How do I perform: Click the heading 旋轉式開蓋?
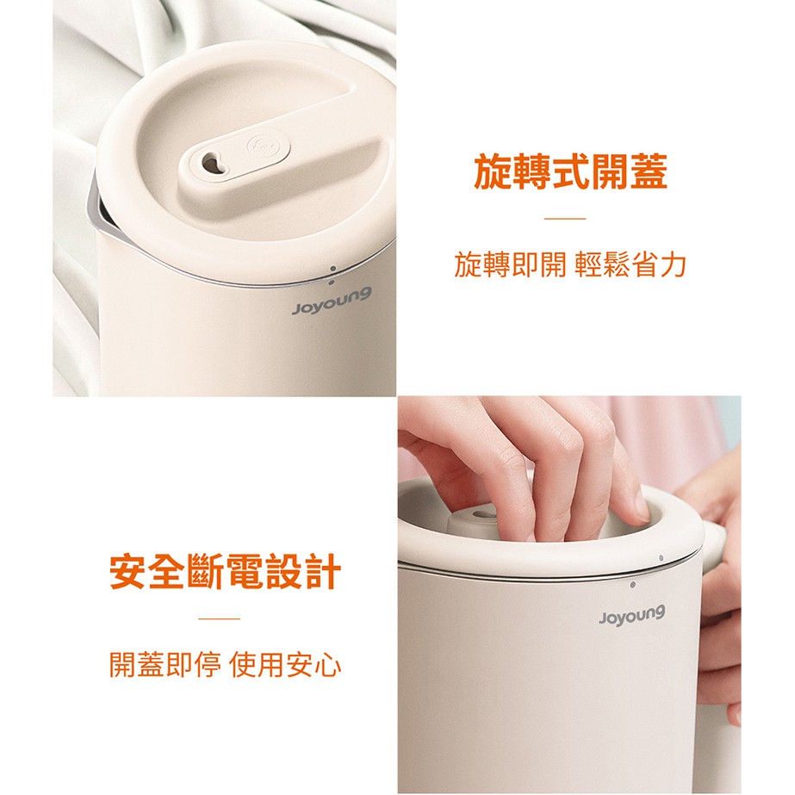(x=570, y=172)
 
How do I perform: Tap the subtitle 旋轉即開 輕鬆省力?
(x=570, y=264)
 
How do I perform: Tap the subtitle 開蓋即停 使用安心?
(x=225, y=664)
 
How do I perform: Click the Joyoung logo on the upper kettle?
(x=332, y=301)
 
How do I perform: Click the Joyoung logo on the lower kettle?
(x=631, y=616)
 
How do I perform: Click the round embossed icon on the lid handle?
(x=263, y=147)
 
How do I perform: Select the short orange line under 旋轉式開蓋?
(x=565, y=219)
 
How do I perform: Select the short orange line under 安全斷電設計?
(x=219, y=618)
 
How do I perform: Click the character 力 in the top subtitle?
(x=674, y=264)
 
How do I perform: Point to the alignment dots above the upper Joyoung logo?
(x=332, y=276)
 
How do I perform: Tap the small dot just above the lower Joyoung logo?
(x=632, y=585)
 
